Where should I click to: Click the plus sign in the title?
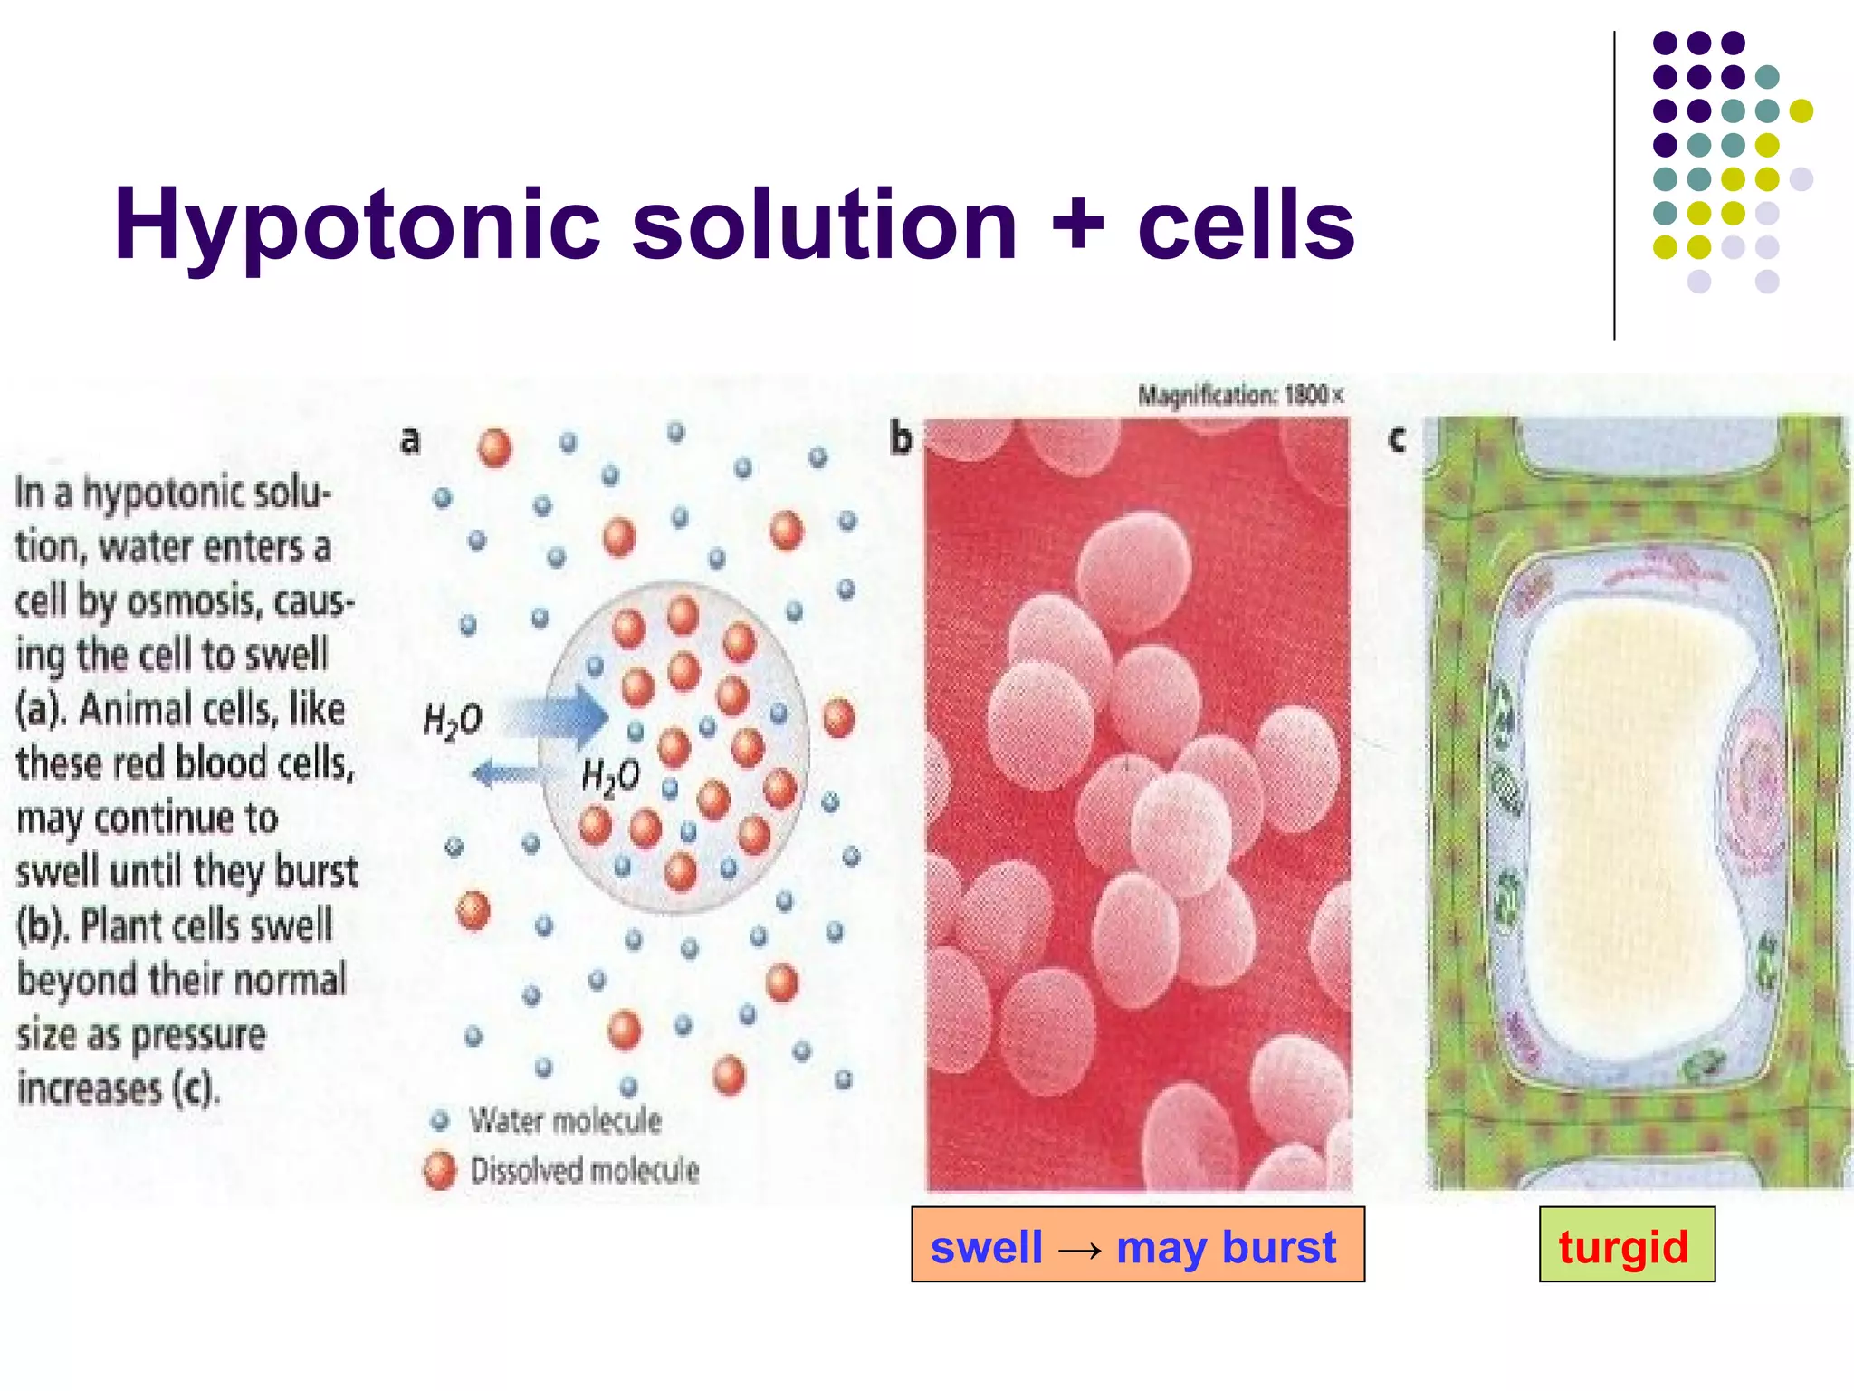point(1076,225)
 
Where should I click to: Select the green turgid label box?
point(1626,1244)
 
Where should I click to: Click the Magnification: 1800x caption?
point(1240,396)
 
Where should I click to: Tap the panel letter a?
point(410,440)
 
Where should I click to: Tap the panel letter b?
point(900,439)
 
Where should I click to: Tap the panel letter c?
point(1396,439)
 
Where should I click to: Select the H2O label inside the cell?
point(610,777)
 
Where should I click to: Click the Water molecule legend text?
point(565,1121)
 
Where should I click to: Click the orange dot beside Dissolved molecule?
point(440,1170)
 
